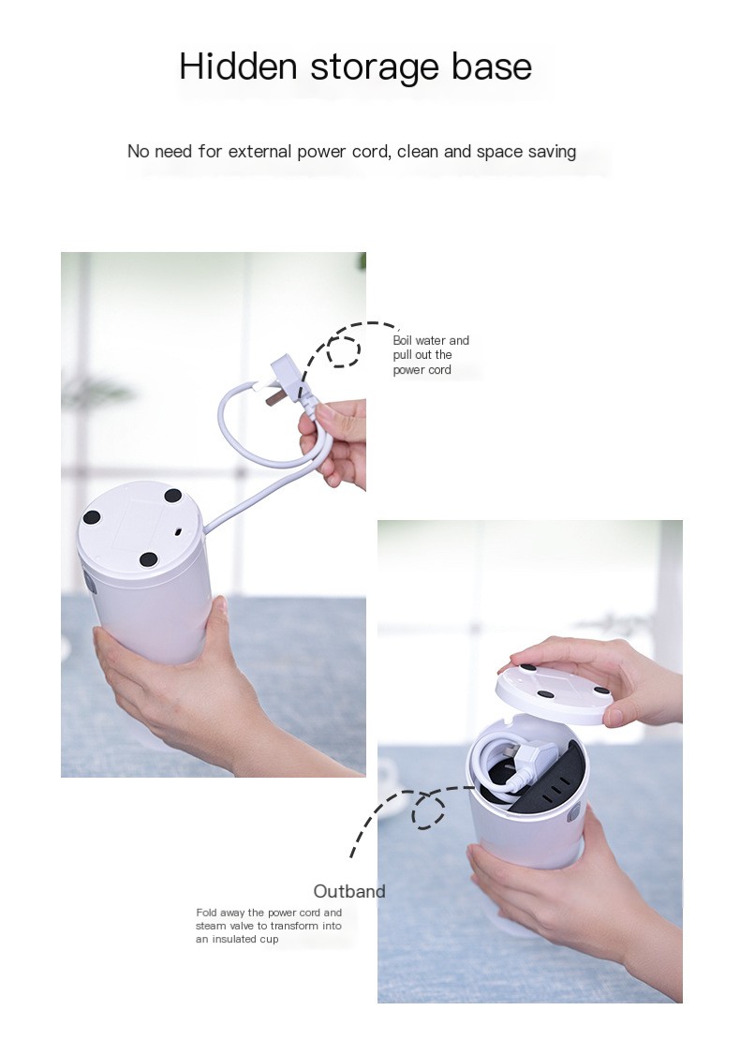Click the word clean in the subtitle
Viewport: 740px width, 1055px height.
pos(418,151)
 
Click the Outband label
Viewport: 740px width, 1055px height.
pos(349,891)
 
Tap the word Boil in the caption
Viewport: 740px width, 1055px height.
pos(403,340)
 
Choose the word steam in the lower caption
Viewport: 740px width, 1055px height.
pos(212,926)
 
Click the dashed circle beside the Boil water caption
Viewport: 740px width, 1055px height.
pos(345,350)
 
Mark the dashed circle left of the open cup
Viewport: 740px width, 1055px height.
pos(430,810)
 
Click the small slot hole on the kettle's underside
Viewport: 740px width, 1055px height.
pos(178,531)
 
